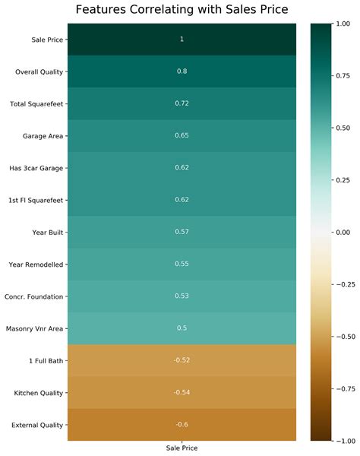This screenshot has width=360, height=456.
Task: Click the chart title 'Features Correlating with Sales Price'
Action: [x=182, y=10]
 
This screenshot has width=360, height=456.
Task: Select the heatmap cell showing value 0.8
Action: [x=182, y=71]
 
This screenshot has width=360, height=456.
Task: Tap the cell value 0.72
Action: [x=182, y=103]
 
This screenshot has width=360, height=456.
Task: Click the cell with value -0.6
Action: [x=182, y=425]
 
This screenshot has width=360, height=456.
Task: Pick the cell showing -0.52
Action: [x=182, y=360]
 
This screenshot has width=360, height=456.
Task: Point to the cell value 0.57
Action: [x=182, y=232]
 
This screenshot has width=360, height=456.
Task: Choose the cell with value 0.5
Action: [x=182, y=328]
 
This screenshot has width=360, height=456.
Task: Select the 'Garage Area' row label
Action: [x=43, y=135]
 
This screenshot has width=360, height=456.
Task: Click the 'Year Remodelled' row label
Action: [x=36, y=264]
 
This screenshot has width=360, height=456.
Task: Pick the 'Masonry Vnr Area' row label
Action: [x=36, y=328]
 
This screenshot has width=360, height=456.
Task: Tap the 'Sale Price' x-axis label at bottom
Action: [x=182, y=448]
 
